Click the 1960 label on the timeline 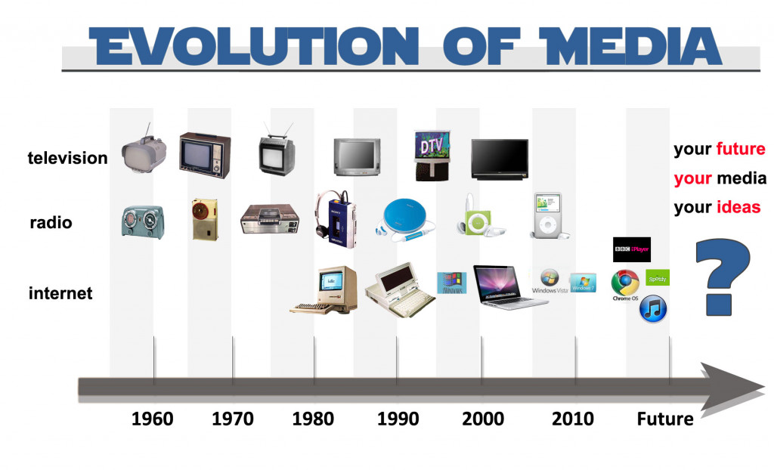152,419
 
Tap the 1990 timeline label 398,419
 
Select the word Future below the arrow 664,419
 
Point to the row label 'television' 67,158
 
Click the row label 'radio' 51,222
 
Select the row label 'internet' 60,293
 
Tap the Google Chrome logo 625,283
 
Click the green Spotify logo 657,278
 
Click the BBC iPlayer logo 631,249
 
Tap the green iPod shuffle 471,220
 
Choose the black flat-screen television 499,159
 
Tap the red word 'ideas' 738,207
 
